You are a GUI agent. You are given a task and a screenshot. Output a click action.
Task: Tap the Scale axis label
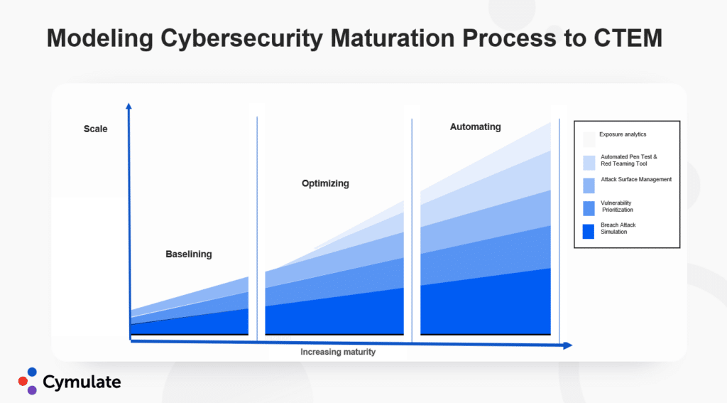point(95,129)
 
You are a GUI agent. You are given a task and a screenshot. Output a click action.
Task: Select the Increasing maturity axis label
point(338,352)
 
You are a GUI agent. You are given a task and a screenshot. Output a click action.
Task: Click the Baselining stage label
point(188,254)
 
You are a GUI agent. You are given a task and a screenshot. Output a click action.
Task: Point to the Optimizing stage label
point(325,183)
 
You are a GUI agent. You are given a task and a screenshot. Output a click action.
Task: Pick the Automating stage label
point(475,127)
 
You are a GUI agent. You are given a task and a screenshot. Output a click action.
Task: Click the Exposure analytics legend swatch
point(589,139)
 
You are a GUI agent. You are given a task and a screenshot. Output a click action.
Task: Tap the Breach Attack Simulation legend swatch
point(589,232)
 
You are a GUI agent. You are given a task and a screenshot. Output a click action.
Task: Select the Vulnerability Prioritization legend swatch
point(589,208)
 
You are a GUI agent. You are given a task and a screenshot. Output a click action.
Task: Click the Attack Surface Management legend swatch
point(589,186)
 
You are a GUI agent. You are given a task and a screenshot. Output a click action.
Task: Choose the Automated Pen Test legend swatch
point(589,163)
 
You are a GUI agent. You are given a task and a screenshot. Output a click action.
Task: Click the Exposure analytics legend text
point(623,134)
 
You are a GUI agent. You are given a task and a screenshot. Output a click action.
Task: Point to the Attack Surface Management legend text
point(635,180)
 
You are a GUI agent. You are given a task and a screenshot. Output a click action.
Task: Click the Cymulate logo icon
point(27,380)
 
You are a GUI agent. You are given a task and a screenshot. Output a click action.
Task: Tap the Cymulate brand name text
point(82,382)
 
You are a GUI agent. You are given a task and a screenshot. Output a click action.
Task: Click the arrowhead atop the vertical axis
point(129,107)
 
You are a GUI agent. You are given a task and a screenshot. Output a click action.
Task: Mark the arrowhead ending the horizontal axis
point(568,345)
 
